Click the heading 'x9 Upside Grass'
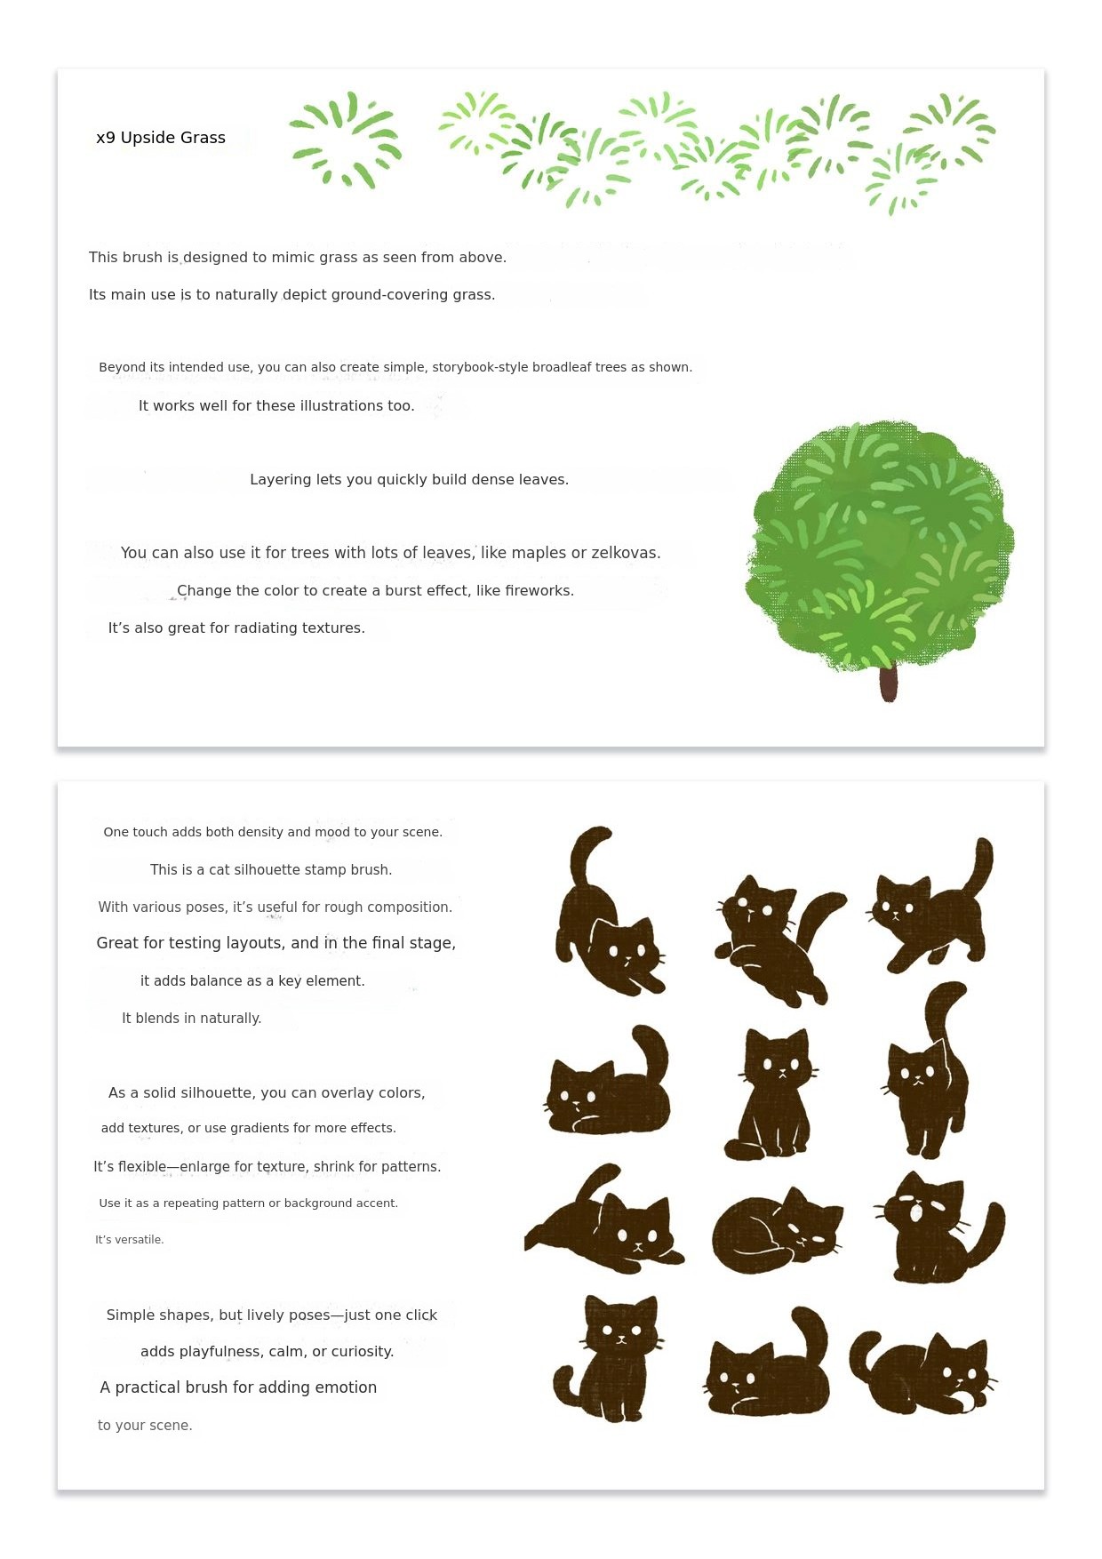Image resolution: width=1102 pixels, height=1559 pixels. coord(161,138)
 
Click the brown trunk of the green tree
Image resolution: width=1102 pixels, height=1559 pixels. coord(889,684)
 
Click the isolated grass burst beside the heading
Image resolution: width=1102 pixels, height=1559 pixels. coord(346,140)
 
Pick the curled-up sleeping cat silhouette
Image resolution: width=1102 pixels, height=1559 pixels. coord(775,1232)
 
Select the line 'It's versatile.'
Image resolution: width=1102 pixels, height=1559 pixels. coord(130,1240)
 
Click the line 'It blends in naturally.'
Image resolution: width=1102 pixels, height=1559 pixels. coord(191,1019)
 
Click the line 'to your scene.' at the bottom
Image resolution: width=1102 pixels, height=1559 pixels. coord(145,1426)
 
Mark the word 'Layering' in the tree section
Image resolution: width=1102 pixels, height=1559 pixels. coord(281,480)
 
